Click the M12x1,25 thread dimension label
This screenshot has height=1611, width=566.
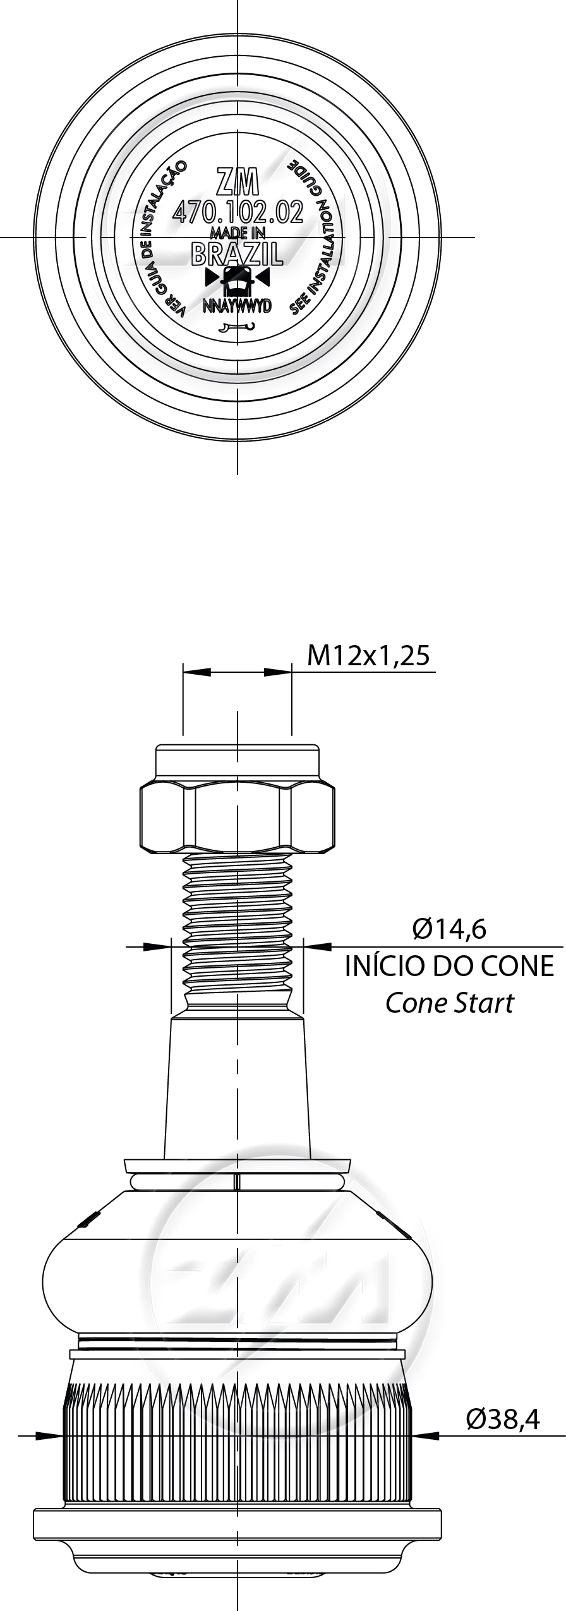[x=368, y=656]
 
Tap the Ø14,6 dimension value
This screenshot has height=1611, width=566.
[x=449, y=929]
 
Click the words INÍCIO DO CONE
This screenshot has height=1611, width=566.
[x=449, y=967]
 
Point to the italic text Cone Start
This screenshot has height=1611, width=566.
[x=449, y=1003]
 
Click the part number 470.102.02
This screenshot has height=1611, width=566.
[x=238, y=212]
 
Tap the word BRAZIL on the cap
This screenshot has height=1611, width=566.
[x=237, y=254]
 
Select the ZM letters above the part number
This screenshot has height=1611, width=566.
[x=238, y=182]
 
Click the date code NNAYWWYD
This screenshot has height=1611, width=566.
[x=237, y=306]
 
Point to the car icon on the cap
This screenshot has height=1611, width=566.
[x=238, y=279]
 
